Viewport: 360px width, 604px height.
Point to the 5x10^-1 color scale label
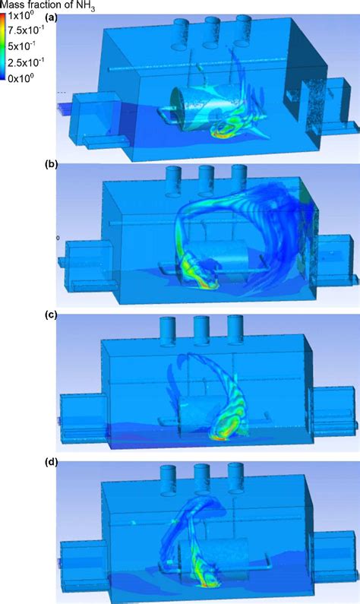pyautogui.click(x=22, y=46)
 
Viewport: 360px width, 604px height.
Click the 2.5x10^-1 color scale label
pyautogui.click(x=26, y=62)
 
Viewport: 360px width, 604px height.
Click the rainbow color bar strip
pyautogui.click(x=4, y=47)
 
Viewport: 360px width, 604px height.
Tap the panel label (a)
pyautogui.click(x=51, y=17)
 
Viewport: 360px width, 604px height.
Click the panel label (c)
pyautogui.click(x=51, y=315)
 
